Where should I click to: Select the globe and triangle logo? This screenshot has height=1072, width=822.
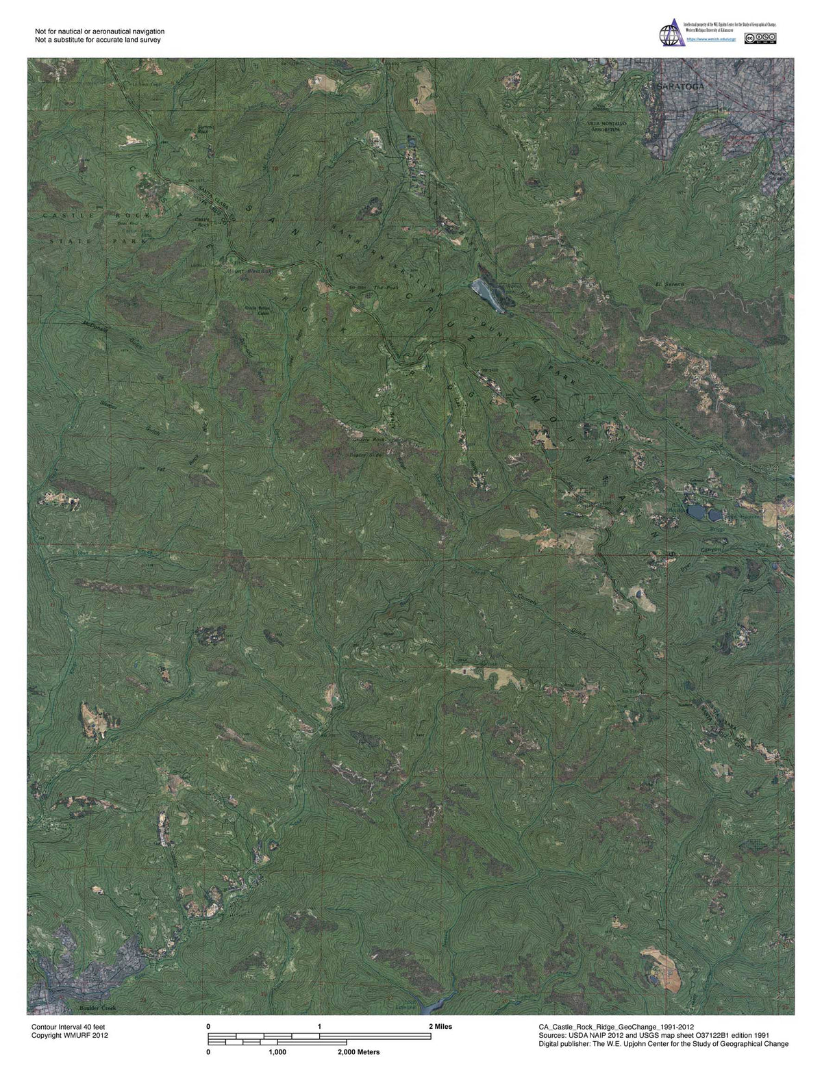pyautogui.click(x=671, y=33)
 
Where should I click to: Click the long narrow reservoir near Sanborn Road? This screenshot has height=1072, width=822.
pyautogui.click(x=488, y=296)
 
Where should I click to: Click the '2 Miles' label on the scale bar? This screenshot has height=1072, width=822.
pyautogui.click(x=440, y=1027)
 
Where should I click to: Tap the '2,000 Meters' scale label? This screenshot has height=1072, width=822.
pyautogui.click(x=358, y=1052)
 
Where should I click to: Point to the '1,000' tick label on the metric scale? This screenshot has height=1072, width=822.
pyautogui.click(x=277, y=1052)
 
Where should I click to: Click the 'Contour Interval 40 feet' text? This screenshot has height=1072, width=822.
pyautogui.click(x=68, y=1028)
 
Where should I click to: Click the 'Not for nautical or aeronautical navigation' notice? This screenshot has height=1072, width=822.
pyautogui.click(x=99, y=31)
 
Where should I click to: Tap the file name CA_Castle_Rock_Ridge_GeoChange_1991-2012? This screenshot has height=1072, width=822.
pyautogui.click(x=616, y=1028)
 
